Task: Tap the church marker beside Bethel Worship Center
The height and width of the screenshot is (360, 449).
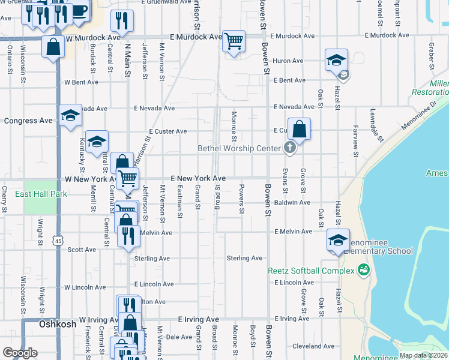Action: (290, 148)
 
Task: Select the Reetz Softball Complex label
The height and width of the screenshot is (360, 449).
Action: (311, 271)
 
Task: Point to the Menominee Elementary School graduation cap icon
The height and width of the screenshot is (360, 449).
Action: (338, 240)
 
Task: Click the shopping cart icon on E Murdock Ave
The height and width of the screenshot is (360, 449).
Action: (234, 41)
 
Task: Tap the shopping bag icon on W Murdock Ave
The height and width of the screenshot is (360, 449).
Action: (53, 47)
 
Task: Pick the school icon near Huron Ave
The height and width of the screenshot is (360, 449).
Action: (336, 60)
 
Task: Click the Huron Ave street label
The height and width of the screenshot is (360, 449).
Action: (288, 61)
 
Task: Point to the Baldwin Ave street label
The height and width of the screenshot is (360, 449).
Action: (292, 203)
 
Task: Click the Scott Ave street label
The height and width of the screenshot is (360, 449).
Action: (82, 250)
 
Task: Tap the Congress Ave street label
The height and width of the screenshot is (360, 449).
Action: (28, 121)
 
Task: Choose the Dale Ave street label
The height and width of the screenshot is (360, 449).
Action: (178, 337)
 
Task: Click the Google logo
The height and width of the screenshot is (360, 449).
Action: (19, 353)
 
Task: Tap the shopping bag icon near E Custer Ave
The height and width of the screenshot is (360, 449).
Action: (300, 128)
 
